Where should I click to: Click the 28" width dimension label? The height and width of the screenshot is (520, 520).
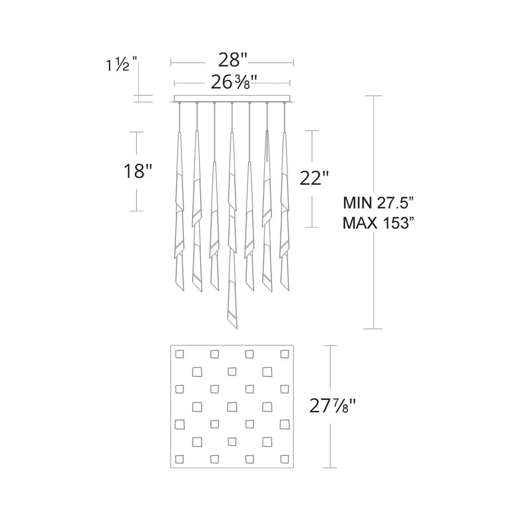(232, 60)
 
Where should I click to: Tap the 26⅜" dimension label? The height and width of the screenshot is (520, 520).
(232, 82)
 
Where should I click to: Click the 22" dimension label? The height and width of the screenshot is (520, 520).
(315, 179)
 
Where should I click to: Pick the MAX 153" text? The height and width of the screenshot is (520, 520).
(378, 224)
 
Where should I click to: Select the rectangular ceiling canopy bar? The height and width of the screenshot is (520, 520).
(232, 99)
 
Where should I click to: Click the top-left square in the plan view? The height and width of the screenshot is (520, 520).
(179, 355)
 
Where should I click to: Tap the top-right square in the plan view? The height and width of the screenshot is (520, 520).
(284, 355)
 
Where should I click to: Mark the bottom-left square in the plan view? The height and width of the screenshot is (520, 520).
(179, 459)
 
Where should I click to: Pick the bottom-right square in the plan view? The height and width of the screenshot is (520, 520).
(284, 459)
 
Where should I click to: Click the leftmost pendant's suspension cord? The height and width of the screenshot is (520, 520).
(179, 117)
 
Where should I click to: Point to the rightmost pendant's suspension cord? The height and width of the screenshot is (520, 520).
(285, 117)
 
